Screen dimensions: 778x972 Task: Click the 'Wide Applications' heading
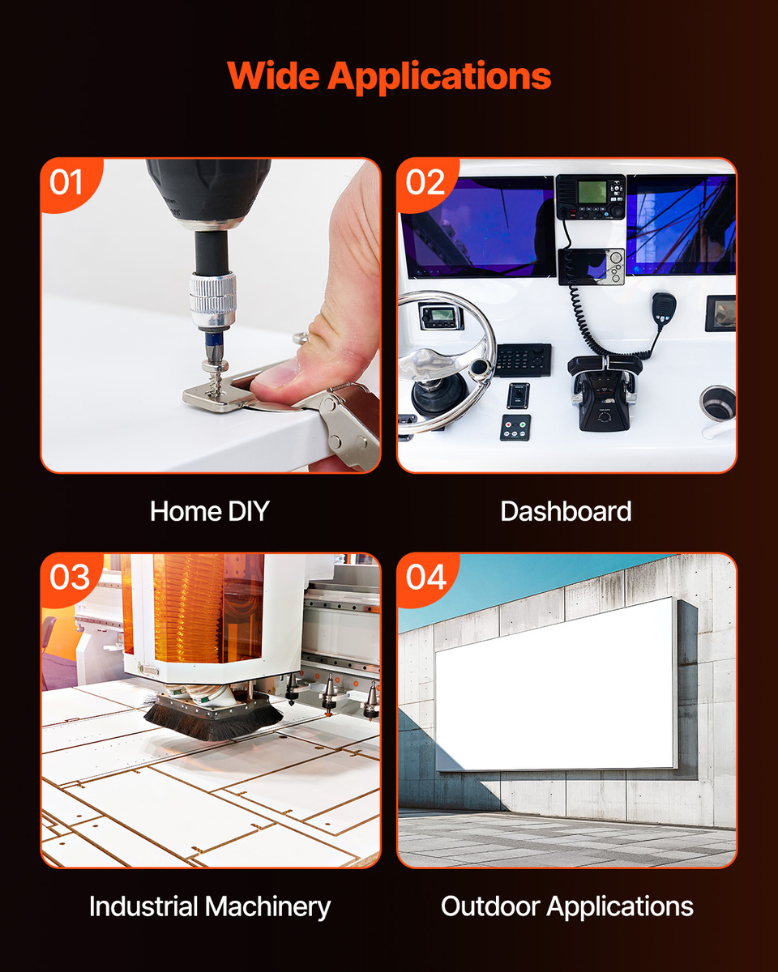[389, 76]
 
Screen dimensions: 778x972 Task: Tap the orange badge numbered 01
[69, 183]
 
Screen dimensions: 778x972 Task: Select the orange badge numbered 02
[425, 183]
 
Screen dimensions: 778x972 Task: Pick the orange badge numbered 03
[69, 578]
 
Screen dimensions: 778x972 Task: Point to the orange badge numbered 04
[425, 578]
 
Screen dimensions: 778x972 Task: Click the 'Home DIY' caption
[210, 511]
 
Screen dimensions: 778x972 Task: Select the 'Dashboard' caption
[566, 511]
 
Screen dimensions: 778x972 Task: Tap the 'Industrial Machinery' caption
[210, 907]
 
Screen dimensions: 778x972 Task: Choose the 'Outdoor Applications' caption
[567, 907]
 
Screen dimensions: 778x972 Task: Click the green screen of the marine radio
[592, 192]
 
